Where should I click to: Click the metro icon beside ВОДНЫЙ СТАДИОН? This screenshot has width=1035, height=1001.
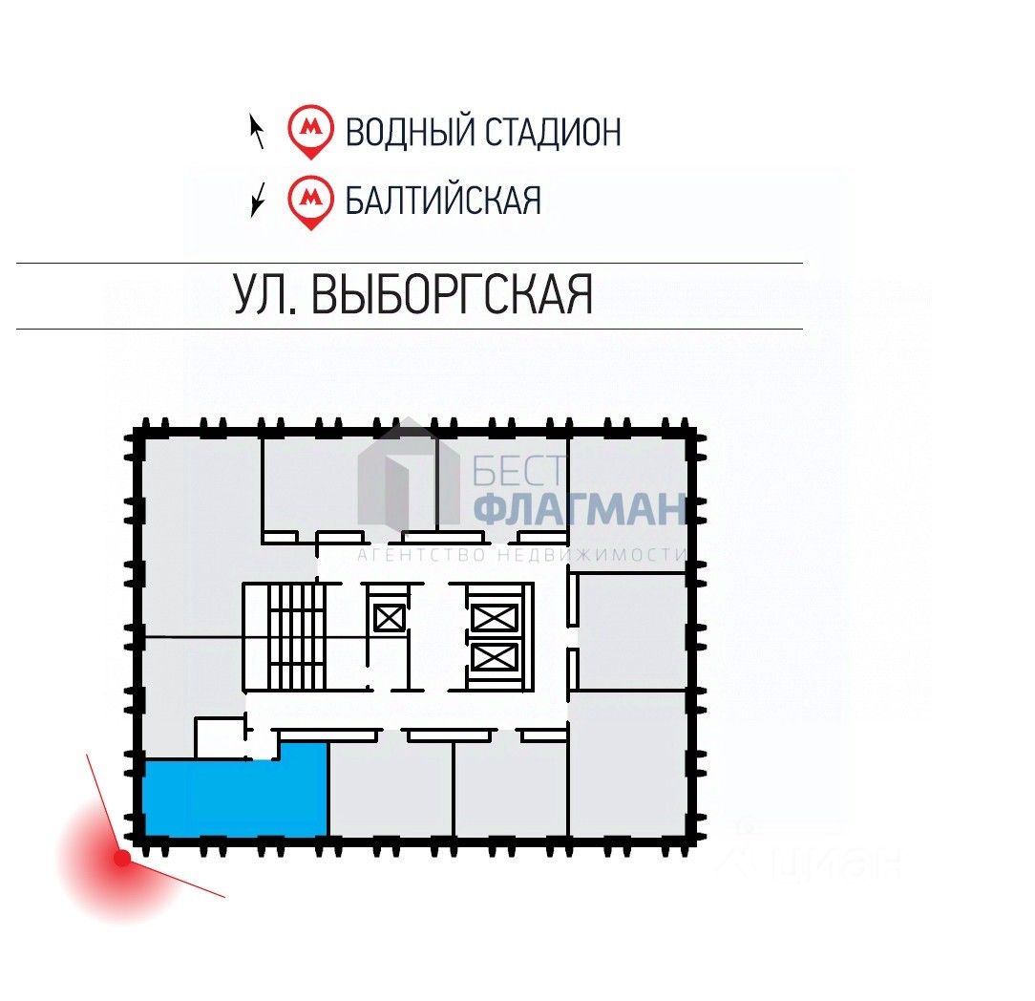click(310, 129)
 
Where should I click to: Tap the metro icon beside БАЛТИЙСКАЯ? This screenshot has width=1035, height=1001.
click(310, 199)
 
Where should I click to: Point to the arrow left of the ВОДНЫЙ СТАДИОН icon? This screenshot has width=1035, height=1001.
click(256, 131)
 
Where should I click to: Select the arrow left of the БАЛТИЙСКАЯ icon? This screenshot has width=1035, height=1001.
click(256, 201)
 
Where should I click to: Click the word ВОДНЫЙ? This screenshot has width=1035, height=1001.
click(409, 131)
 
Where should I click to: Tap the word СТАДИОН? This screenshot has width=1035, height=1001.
click(552, 131)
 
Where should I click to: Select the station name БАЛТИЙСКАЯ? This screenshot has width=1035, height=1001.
click(443, 201)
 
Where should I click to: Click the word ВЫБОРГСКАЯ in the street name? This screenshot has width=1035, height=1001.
click(453, 294)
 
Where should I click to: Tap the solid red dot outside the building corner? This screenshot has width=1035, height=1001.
click(122, 858)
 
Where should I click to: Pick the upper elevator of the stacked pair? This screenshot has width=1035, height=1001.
click(495, 618)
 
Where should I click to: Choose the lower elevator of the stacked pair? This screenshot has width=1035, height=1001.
click(495, 657)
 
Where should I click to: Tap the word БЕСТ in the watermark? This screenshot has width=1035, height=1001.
click(520, 471)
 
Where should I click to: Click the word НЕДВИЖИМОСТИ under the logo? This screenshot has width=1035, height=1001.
click(602, 555)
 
